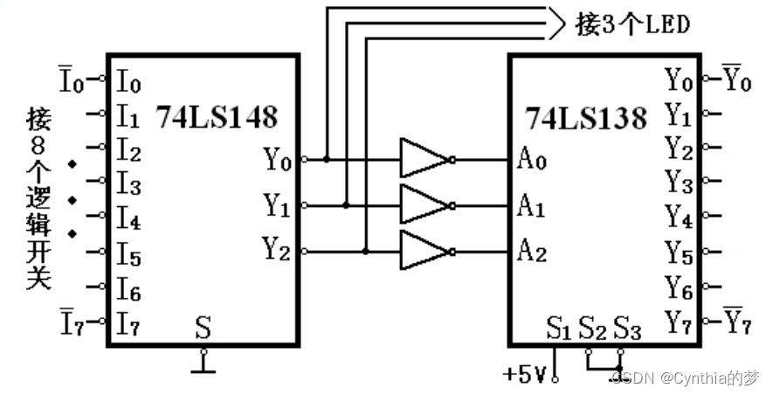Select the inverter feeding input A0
[x=424, y=160]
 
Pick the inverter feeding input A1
[x=424, y=206]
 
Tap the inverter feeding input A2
[x=424, y=252]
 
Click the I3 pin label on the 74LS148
[x=128, y=185]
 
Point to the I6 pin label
[x=128, y=288]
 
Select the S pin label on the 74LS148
[x=203, y=329]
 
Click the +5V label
[x=524, y=375]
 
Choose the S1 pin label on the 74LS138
[x=558, y=330]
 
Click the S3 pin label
[x=627, y=330]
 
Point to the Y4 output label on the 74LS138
[x=679, y=215]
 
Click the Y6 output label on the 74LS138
[x=679, y=286]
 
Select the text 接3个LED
[x=632, y=24]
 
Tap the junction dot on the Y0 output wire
[x=326, y=160]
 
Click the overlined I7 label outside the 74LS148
[x=73, y=321]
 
